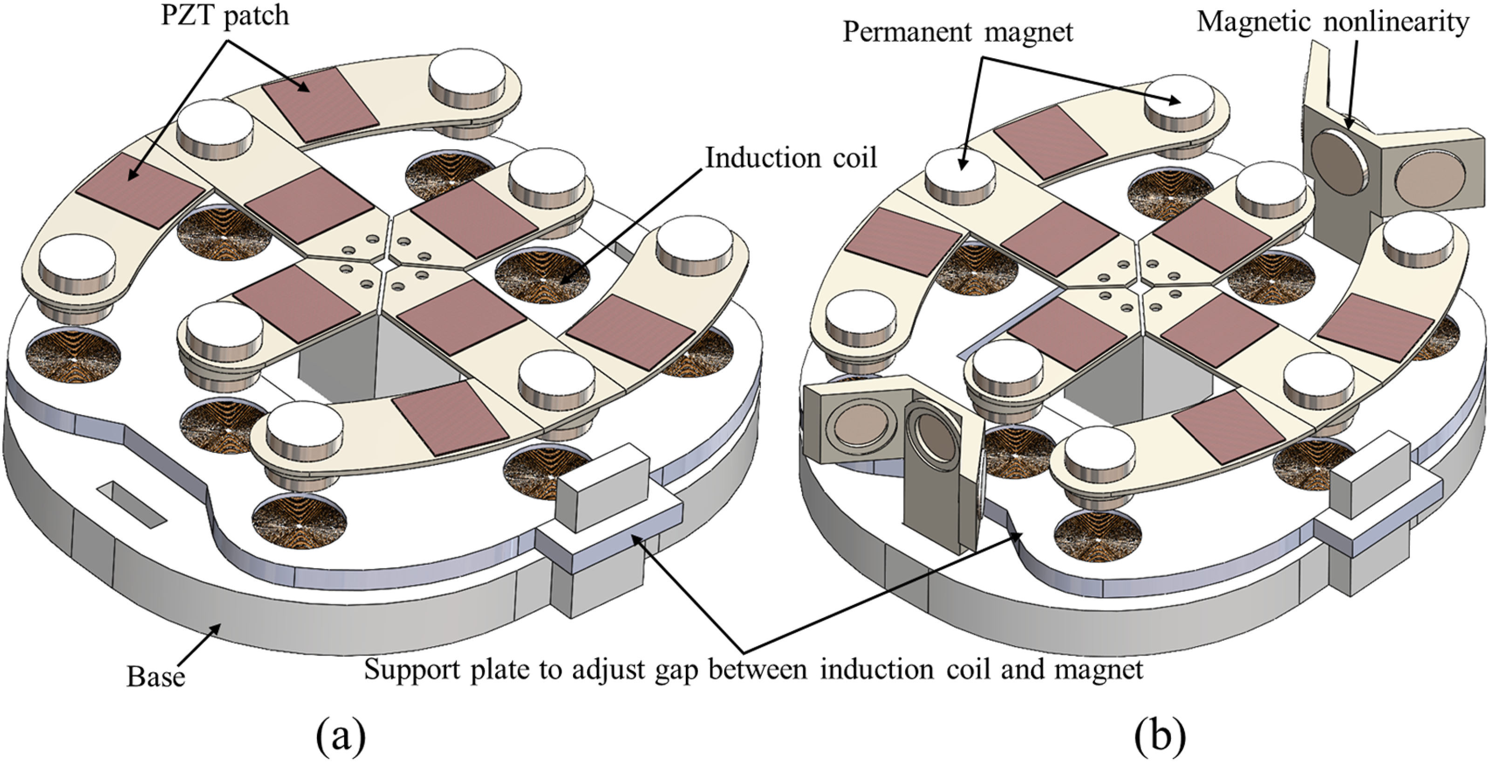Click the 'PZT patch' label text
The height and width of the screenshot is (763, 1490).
(225, 16)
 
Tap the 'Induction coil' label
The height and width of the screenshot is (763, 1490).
(791, 158)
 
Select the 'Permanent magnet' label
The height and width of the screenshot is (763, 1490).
(957, 32)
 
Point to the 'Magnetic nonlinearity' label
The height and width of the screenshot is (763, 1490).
(1333, 22)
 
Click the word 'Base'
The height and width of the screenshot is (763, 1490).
(156, 676)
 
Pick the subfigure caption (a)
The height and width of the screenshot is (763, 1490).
(341, 736)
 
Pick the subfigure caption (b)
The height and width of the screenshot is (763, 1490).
(1160, 736)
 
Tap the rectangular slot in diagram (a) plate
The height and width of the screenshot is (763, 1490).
(132, 504)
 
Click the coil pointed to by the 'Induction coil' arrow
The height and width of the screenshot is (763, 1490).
(542, 276)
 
